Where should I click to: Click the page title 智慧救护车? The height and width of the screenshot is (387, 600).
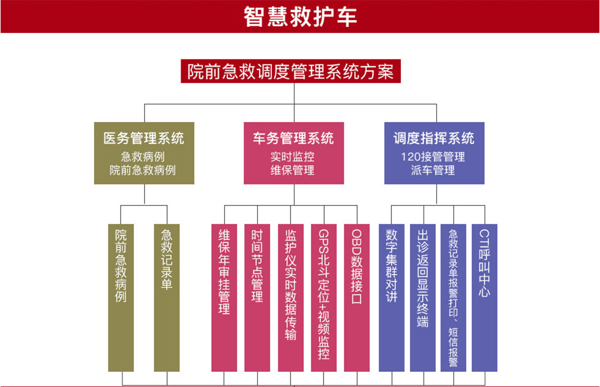click(300, 17)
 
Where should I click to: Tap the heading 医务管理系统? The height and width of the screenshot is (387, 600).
click(144, 138)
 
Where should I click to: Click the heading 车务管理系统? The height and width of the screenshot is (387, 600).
click(293, 138)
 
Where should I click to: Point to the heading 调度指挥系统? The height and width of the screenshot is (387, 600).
click(433, 138)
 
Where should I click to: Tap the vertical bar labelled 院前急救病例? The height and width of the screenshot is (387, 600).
click(121, 297)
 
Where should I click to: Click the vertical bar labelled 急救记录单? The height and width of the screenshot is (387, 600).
click(167, 297)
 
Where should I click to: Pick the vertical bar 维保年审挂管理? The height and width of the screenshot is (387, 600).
click(224, 297)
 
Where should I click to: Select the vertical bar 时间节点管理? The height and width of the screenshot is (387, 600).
click(257, 297)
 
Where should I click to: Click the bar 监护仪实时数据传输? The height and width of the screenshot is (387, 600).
click(290, 297)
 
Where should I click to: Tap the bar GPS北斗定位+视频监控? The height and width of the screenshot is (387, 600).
click(324, 297)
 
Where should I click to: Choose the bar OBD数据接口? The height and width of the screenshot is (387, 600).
click(357, 297)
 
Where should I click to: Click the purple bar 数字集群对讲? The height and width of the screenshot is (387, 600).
click(391, 297)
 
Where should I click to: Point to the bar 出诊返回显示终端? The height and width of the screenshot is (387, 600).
click(423, 297)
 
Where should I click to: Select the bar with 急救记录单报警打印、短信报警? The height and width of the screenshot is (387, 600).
click(454, 297)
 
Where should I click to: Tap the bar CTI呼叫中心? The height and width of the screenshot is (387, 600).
click(484, 297)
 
